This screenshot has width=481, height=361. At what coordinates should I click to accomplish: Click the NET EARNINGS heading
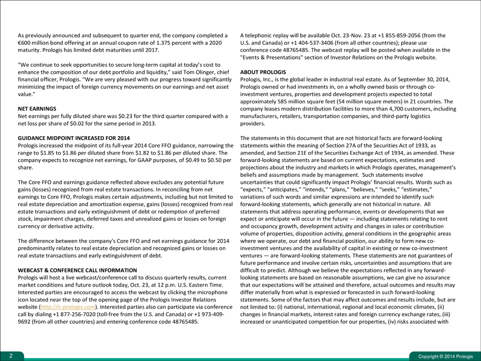37,108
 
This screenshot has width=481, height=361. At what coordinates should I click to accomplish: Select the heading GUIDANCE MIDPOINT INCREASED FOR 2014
74,138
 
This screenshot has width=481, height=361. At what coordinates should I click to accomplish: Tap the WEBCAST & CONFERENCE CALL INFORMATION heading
77,270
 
